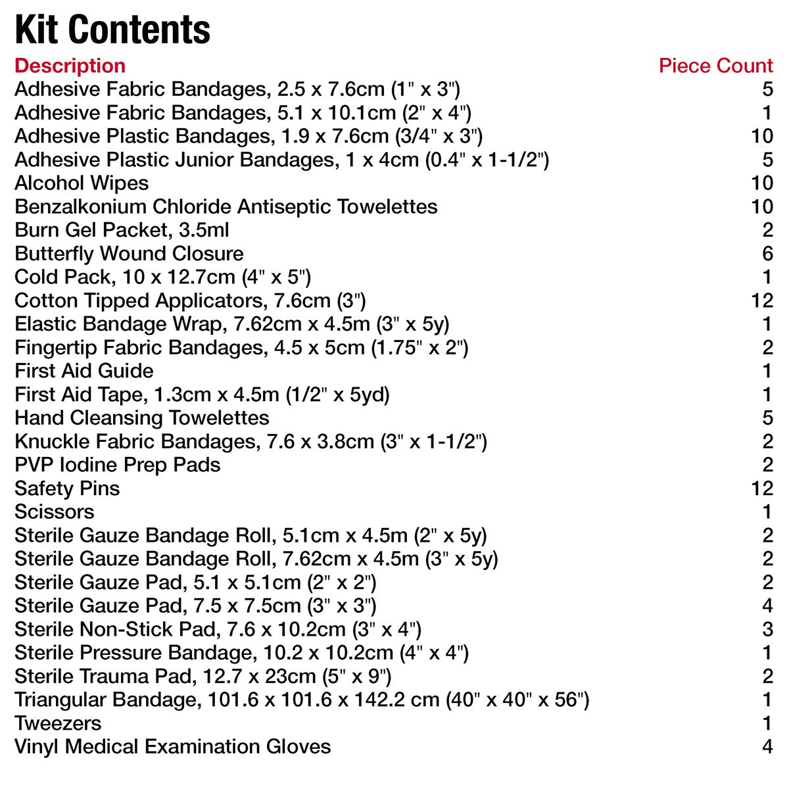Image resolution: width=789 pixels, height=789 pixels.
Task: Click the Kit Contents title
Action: coord(112,30)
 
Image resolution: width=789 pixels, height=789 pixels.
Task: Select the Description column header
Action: coord(70,66)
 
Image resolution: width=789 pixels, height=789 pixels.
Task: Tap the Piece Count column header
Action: coord(715,66)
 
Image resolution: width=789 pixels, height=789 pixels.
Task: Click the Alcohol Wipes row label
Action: coord(82,183)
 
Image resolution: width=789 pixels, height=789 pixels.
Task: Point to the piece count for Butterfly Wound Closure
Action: coord(767,254)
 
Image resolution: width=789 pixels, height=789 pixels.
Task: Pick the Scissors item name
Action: coord(55,512)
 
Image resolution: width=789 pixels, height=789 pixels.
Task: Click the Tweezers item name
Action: coord(58,723)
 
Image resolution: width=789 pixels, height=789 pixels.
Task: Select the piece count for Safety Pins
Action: coord(762,489)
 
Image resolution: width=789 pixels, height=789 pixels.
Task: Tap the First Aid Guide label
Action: coord(84,371)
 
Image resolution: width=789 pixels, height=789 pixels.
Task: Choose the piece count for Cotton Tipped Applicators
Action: coord(762,300)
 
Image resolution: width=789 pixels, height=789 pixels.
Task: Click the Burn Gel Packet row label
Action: coord(122,230)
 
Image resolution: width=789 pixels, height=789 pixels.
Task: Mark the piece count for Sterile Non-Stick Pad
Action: coord(767,629)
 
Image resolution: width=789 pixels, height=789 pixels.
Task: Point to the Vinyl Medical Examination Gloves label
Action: coord(172,747)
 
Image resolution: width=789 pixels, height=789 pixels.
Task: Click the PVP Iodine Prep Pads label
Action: coord(117,465)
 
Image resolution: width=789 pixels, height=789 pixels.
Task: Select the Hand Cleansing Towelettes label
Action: coord(142,418)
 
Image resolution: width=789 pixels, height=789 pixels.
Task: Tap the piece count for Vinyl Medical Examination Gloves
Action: coord(767,747)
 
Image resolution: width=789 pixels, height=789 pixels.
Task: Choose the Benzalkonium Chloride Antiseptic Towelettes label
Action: coord(226,206)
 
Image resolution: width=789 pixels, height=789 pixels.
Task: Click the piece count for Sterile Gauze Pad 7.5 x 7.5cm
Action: coord(767,606)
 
